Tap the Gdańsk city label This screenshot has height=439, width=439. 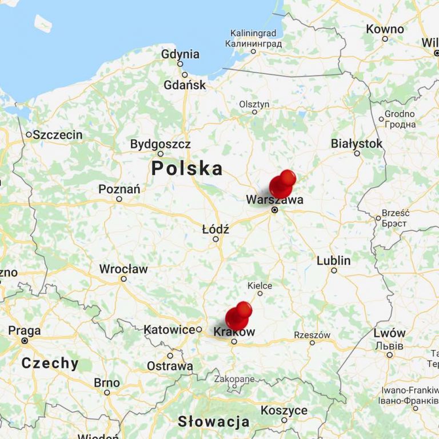coord(184,85)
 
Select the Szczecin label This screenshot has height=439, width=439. coord(57,135)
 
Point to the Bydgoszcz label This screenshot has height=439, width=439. coord(160,144)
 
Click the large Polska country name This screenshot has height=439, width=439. coord(187,169)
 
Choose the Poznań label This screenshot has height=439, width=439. coord(119,189)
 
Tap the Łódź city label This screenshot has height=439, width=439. coord(215,229)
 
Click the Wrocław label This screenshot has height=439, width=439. coord(123,269)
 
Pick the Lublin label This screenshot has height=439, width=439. coord(334,261)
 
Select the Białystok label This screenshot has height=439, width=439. coord(357,143)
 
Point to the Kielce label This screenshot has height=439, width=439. coord(260,285)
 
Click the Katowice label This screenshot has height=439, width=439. coord(169,330)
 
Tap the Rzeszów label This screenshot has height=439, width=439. coord(312,335)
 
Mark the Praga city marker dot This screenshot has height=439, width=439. coord(25,341)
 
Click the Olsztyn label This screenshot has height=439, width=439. coord(254,104)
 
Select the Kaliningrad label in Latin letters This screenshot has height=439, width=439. coord(253,34)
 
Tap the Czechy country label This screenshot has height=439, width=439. coord(50,363)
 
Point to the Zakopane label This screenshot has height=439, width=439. coord(234,378)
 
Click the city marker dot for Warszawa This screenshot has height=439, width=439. coord(274,210)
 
